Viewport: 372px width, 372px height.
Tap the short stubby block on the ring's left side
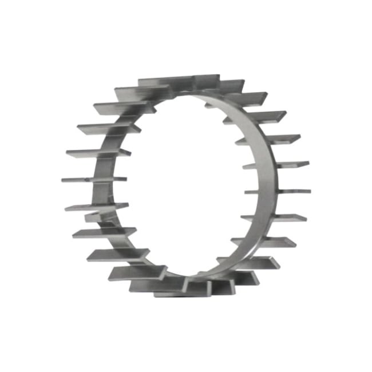[95, 216]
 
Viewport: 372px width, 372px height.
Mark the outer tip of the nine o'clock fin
[64, 180]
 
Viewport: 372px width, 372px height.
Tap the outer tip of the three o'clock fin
[308, 191]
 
